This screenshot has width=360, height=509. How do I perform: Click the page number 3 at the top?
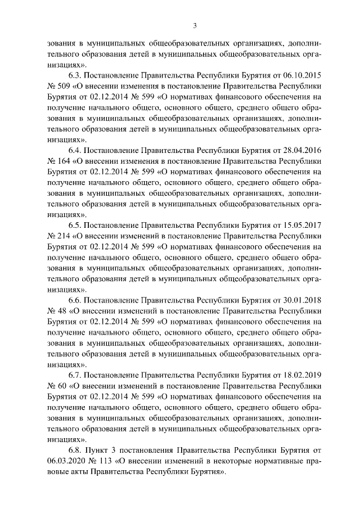point(194,25)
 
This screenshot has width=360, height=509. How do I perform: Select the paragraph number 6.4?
point(75,150)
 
